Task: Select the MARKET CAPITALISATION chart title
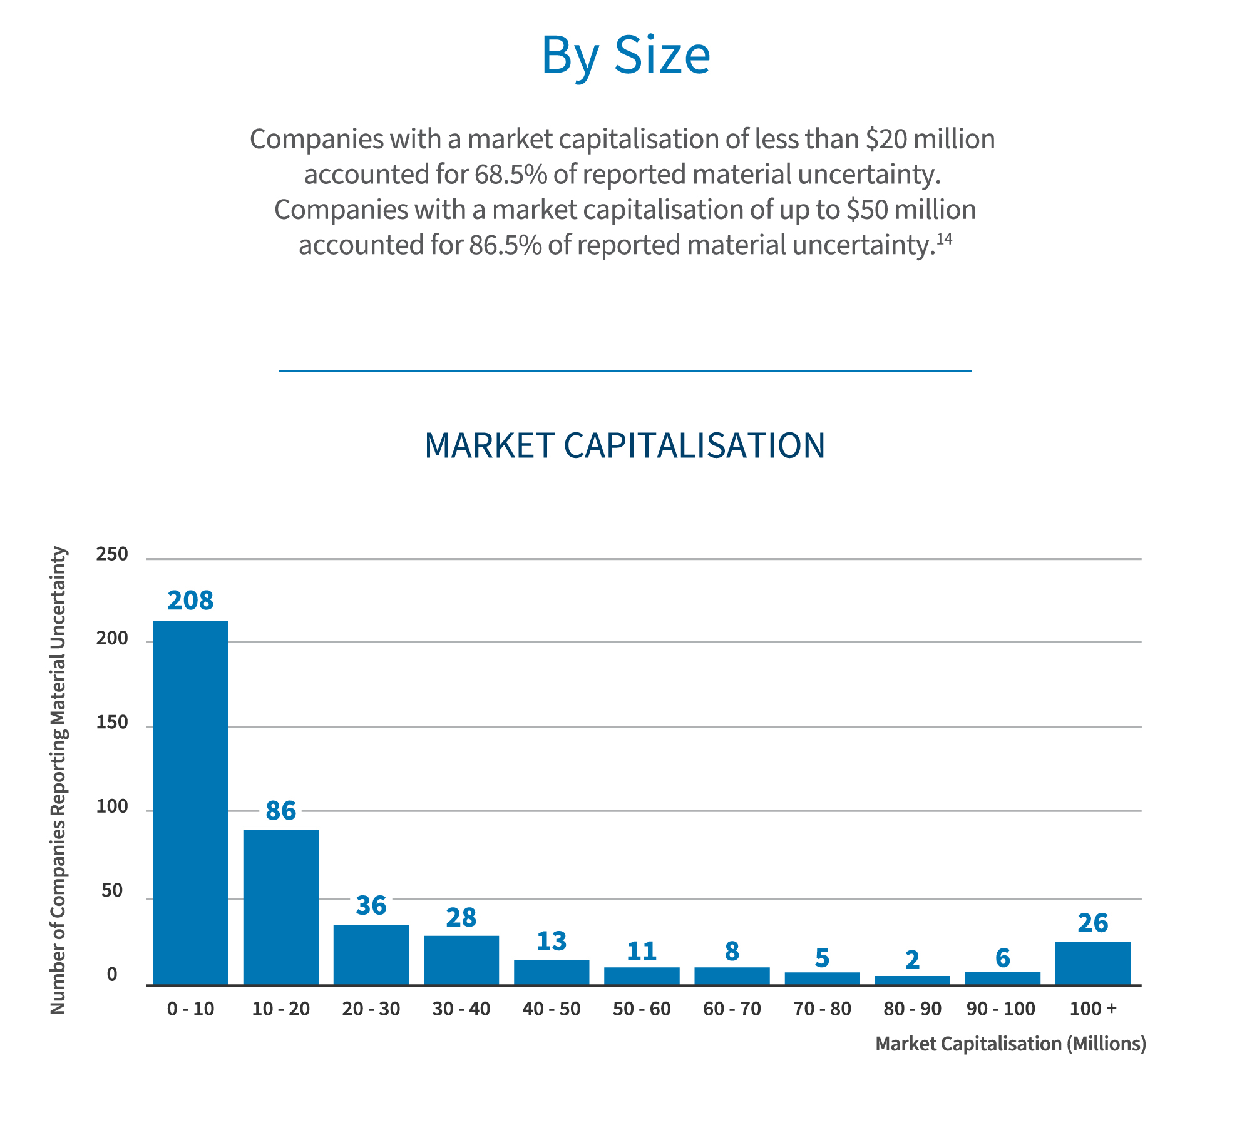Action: (x=625, y=445)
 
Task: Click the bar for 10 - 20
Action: (x=281, y=907)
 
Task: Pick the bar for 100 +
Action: (x=1093, y=963)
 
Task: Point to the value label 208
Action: (x=191, y=601)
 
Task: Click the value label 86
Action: (x=280, y=811)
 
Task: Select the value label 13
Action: (x=552, y=941)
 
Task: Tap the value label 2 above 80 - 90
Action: (x=912, y=960)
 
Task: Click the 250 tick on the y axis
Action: (x=112, y=554)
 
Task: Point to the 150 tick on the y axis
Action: (x=112, y=723)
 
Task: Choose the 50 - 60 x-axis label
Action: (x=642, y=1009)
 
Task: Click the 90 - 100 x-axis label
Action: (x=1001, y=1009)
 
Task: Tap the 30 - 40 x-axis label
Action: (x=461, y=1009)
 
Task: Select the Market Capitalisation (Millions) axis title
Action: (x=1010, y=1044)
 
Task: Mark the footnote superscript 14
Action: (x=944, y=239)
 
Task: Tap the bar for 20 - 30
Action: (x=371, y=955)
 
